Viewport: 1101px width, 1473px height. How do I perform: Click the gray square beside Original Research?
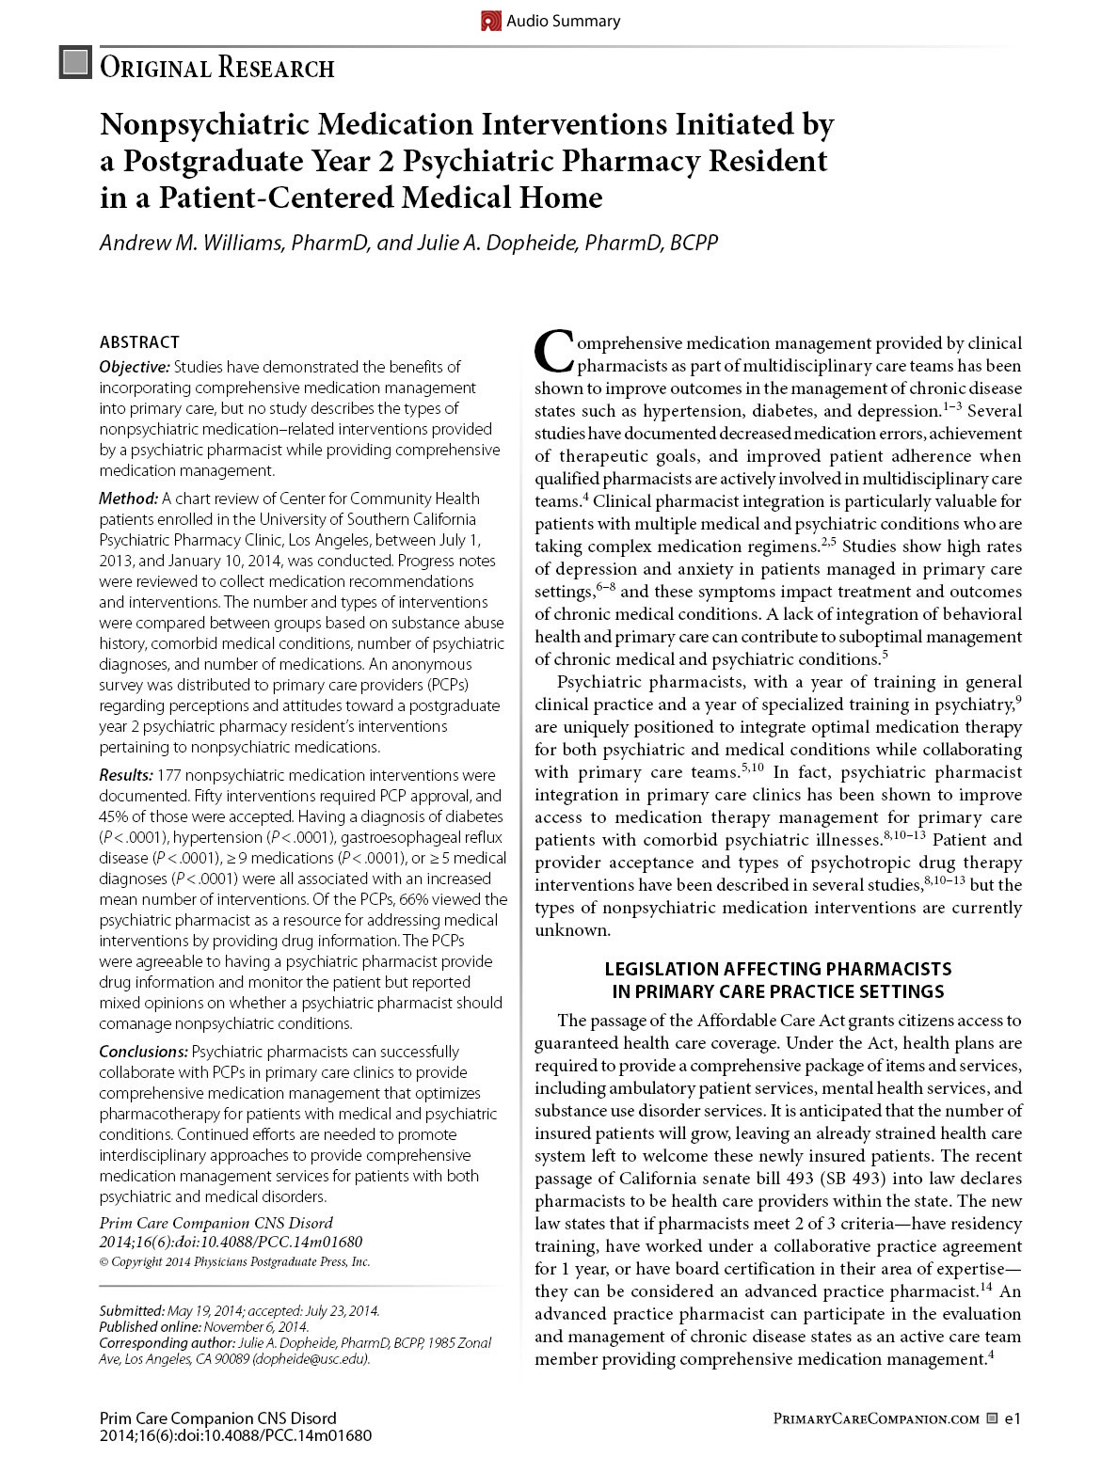[x=75, y=63]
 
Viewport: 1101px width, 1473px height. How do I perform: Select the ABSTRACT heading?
[x=139, y=342]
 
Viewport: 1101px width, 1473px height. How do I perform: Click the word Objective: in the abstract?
[x=135, y=367]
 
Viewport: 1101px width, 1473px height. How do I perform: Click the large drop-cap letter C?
[x=553, y=352]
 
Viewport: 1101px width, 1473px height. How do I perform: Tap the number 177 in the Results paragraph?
[x=169, y=775]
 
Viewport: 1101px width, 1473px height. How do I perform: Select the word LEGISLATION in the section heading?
[x=662, y=969]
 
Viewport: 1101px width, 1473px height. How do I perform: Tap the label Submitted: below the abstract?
[x=132, y=1310]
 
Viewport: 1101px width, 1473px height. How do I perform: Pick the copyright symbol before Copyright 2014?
[x=104, y=1263]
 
